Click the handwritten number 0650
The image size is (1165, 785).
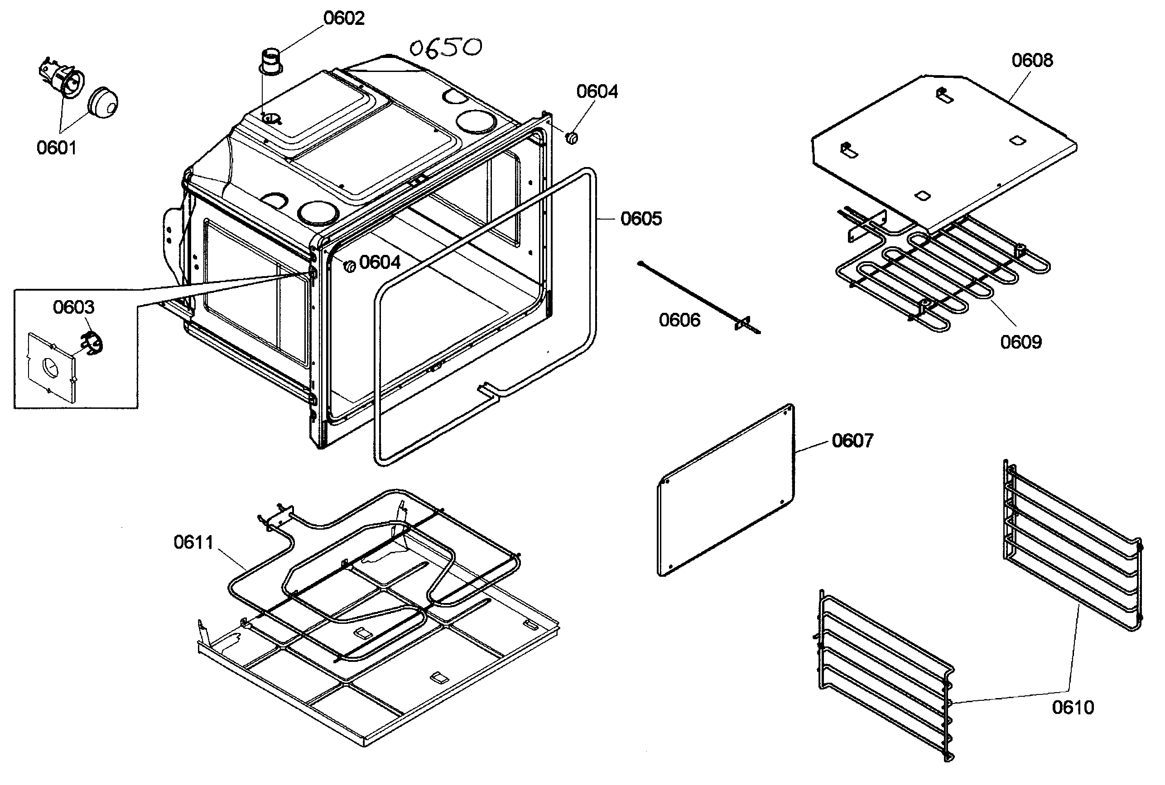[446, 48]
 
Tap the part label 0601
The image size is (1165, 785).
[57, 148]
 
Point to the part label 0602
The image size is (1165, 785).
[344, 18]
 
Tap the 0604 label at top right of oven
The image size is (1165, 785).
[597, 91]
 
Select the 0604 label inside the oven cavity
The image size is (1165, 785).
[380, 262]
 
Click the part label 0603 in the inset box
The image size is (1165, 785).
[74, 307]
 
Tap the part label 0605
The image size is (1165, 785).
[641, 219]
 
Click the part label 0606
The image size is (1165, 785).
[679, 320]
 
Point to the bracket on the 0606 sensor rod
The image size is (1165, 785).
[742, 323]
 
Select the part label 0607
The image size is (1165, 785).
[852, 440]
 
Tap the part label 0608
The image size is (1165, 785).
[1032, 60]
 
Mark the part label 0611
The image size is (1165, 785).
[193, 542]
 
